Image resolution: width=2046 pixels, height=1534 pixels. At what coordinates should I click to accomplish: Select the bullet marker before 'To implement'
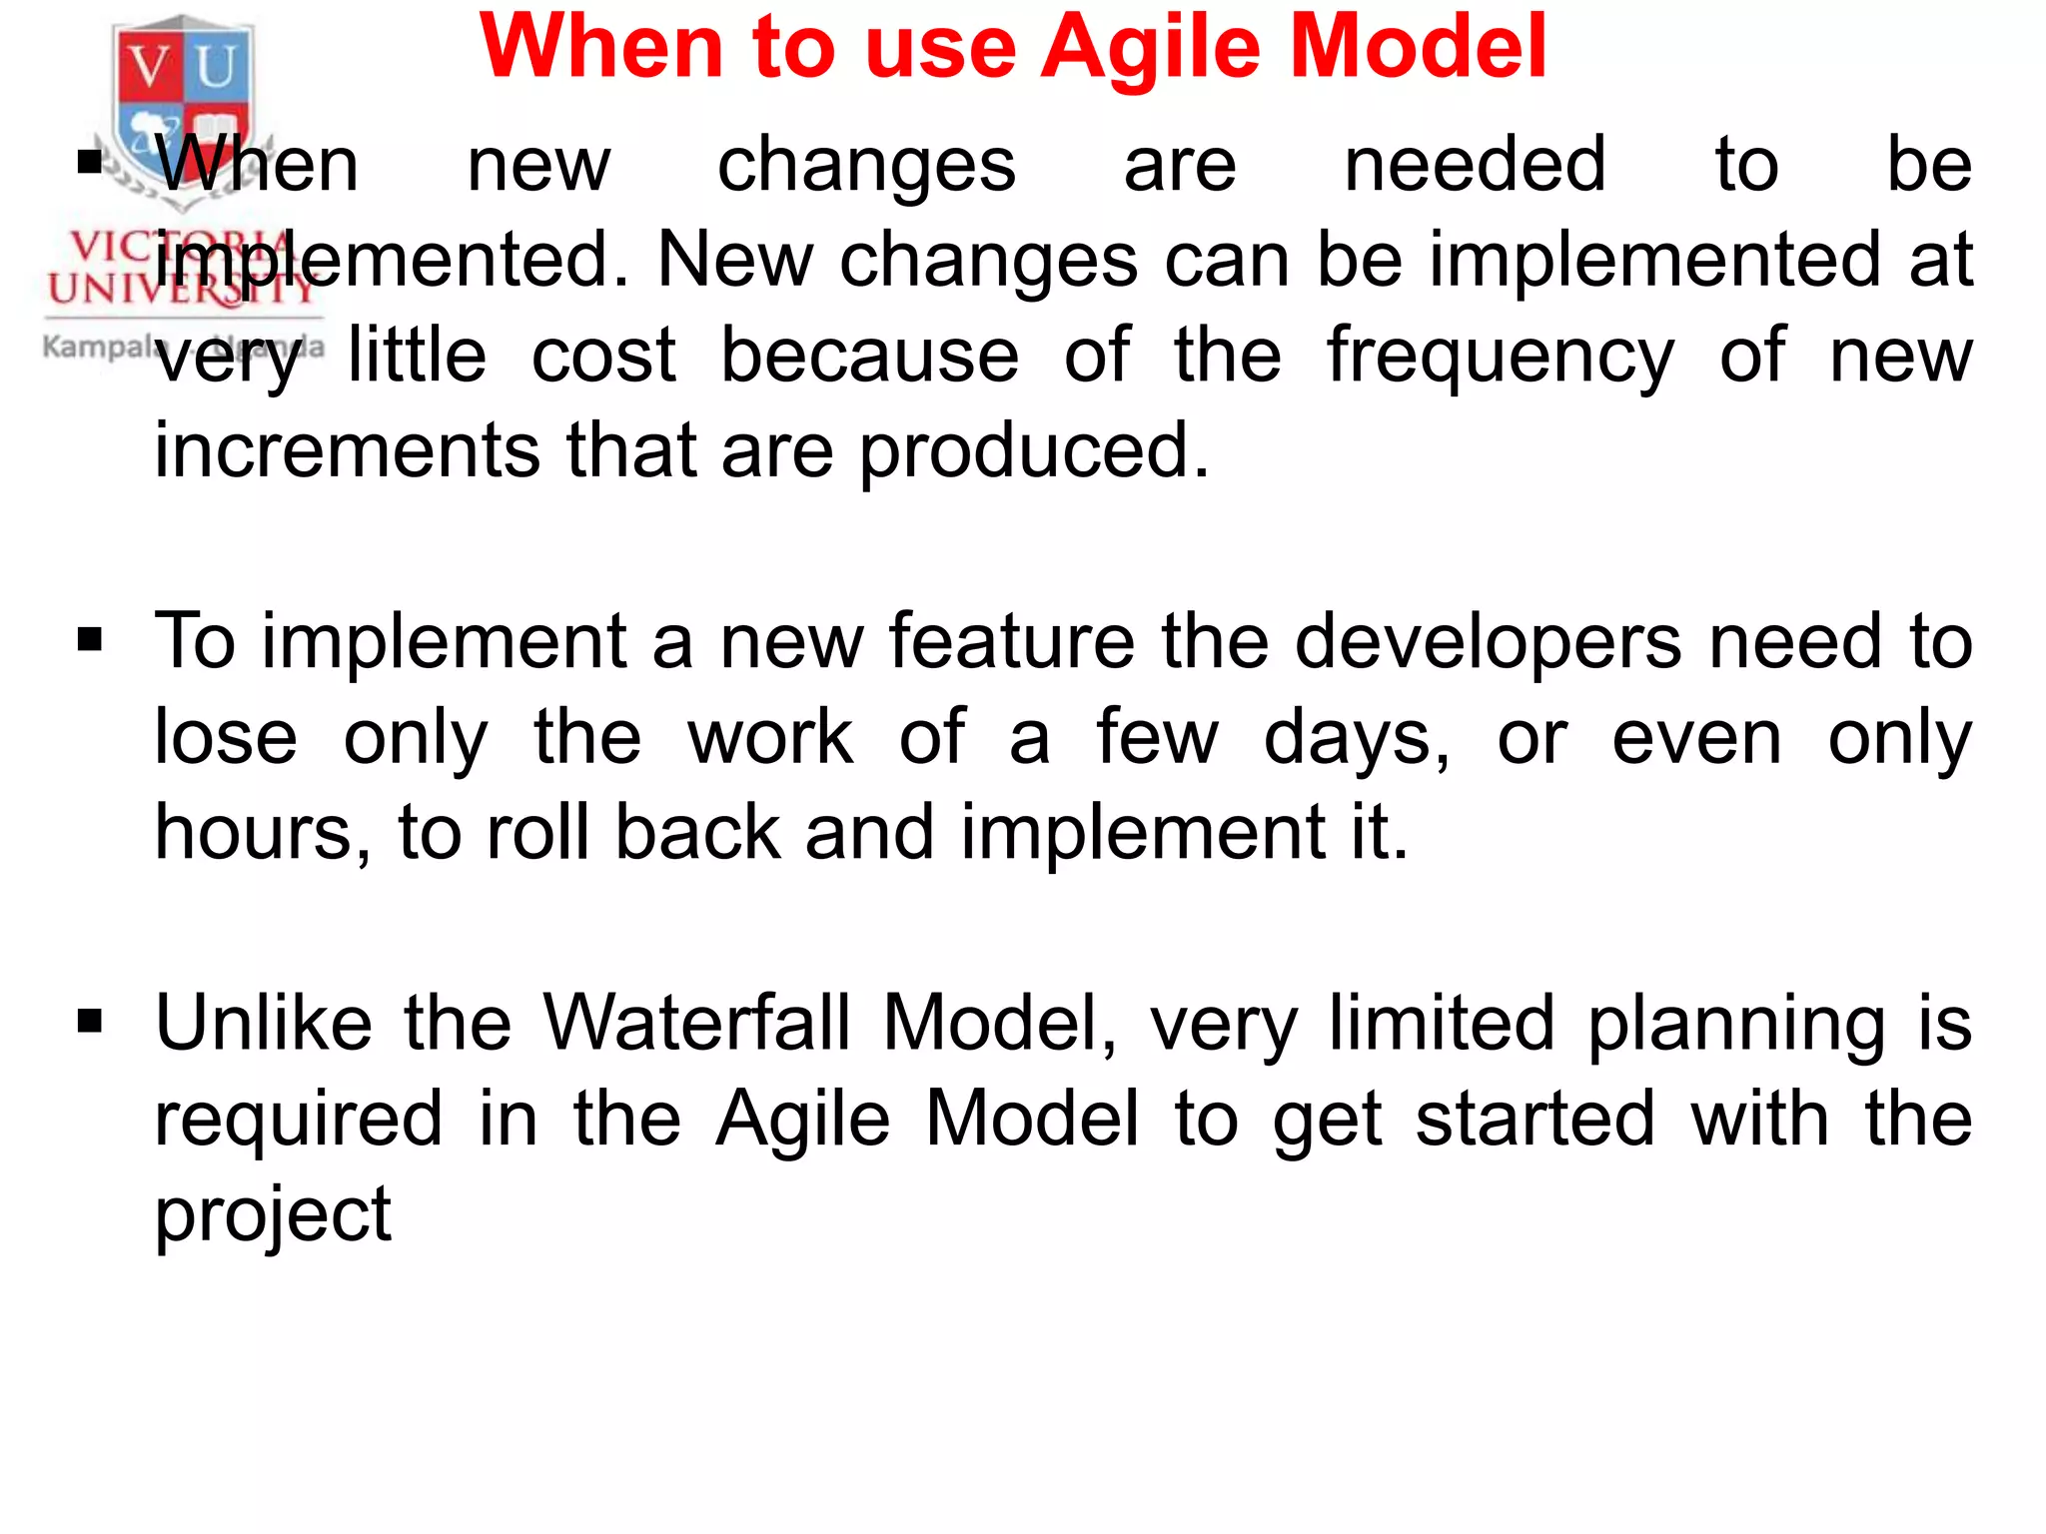[90, 640]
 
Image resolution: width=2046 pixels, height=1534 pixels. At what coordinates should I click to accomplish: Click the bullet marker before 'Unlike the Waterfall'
[90, 1022]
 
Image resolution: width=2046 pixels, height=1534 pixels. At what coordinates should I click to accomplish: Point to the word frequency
[1499, 358]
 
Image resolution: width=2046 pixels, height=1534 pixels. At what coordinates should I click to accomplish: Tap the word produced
[1033, 452]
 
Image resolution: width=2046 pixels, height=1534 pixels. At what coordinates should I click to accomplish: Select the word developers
[1489, 642]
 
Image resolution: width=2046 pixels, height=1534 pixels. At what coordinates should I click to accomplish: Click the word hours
[262, 833]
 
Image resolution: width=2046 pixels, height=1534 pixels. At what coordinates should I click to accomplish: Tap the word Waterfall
[695, 1023]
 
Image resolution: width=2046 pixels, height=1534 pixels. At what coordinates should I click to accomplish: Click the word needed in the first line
[1475, 165]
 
